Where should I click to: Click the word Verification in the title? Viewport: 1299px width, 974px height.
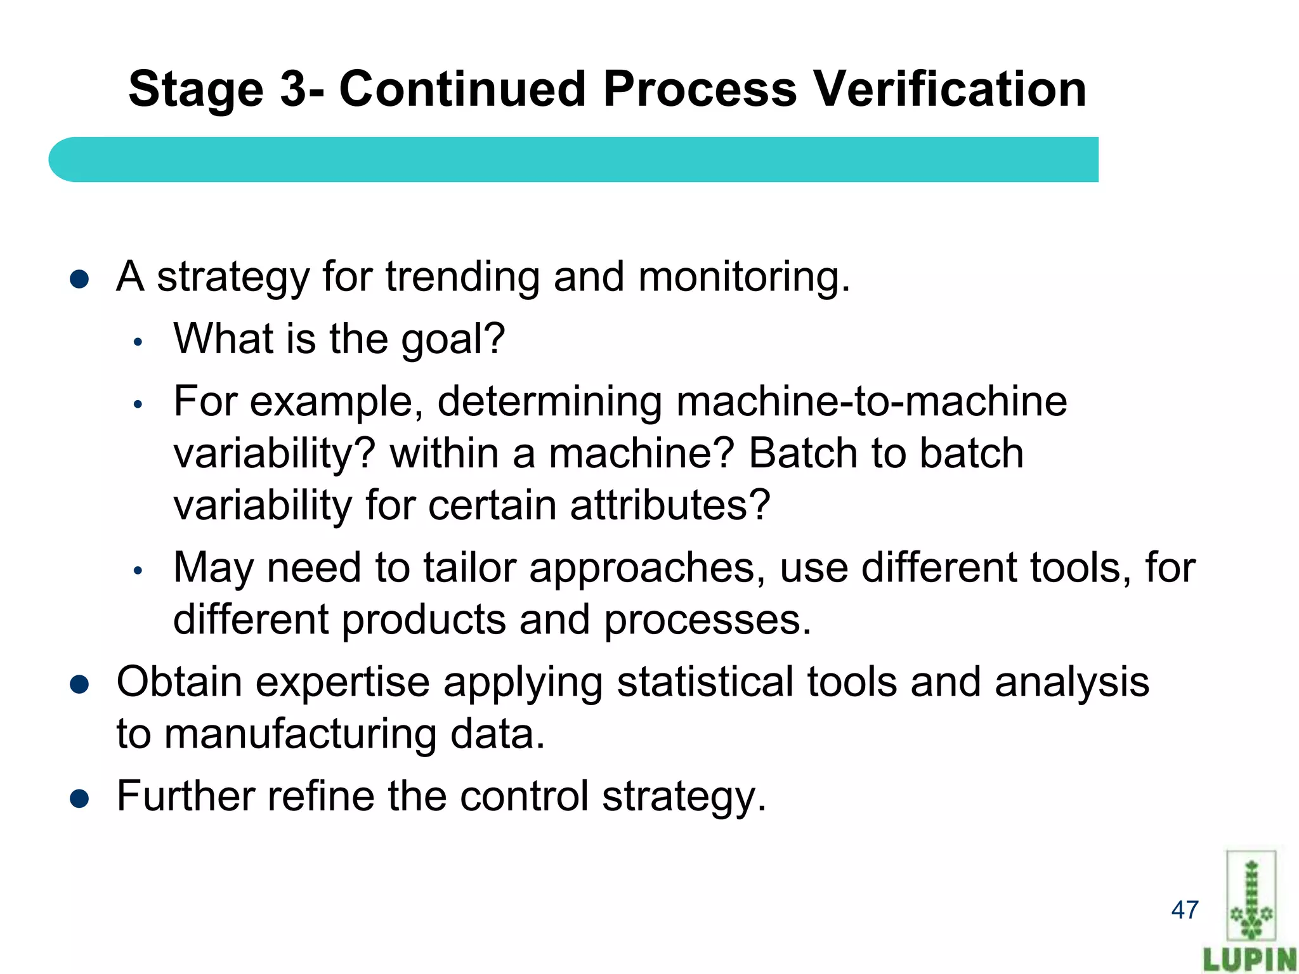click(x=950, y=89)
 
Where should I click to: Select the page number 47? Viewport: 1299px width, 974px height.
click(x=1185, y=910)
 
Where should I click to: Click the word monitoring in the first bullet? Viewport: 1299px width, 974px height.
click(x=743, y=277)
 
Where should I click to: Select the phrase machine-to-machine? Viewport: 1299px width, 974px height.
click(x=871, y=401)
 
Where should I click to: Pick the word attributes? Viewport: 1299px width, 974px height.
click(x=670, y=505)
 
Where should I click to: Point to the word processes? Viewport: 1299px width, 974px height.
click(x=707, y=620)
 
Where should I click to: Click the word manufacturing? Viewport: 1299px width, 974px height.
click(x=300, y=734)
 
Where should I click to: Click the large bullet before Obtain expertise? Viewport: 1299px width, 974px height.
click(x=79, y=685)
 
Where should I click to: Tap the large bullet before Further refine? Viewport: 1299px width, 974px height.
click(x=79, y=799)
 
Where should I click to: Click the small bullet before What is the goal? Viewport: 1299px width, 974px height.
click(x=138, y=342)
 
